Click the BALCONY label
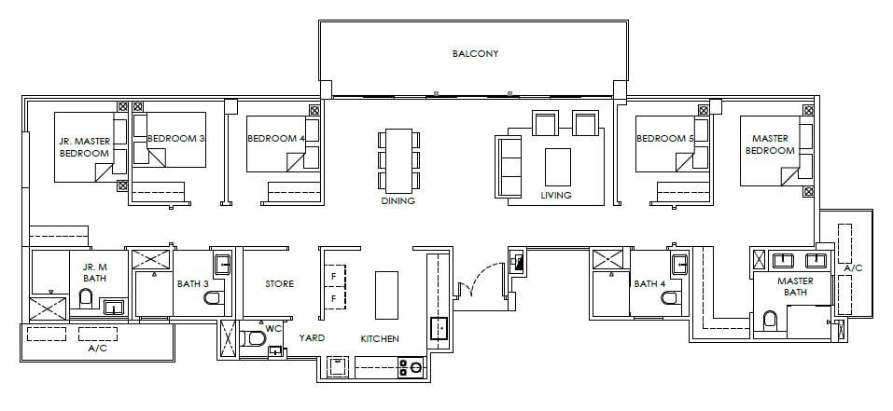[476, 53]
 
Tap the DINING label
[398, 200]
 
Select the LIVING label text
[556, 195]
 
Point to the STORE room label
[280, 283]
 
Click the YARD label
[312, 337]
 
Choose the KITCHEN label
[380, 339]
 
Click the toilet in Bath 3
[213, 298]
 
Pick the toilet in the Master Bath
[770, 322]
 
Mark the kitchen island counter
[385, 295]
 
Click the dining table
[398, 161]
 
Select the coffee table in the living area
[558, 167]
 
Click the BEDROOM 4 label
[272, 138]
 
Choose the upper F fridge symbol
[334, 278]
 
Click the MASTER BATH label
[795, 286]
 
